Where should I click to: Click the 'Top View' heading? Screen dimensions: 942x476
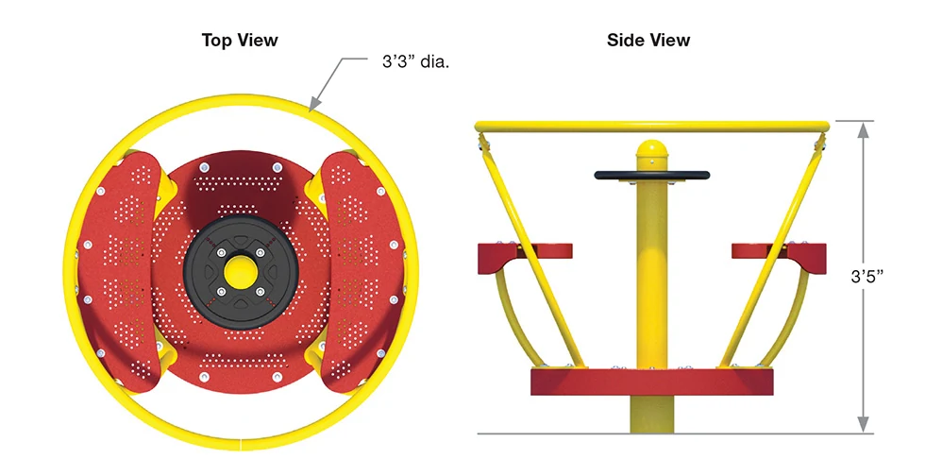click(x=240, y=41)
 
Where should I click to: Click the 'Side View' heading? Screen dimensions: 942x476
click(x=648, y=41)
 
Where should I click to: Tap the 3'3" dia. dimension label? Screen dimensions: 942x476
click(x=415, y=61)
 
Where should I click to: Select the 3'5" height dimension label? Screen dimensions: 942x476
click(x=866, y=277)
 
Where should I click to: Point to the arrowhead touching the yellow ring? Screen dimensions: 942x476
click(x=315, y=104)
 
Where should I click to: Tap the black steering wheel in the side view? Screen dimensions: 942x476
click(x=652, y=176)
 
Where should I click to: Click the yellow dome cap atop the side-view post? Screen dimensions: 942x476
click(x=652, y=149)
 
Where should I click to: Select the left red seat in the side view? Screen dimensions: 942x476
click(x=525, y=257)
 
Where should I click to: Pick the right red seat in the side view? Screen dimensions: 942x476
click(x=780, y=257)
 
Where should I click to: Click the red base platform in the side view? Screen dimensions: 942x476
click(x=652, y=382)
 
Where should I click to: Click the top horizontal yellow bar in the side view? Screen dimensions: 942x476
click(x=652, y=127)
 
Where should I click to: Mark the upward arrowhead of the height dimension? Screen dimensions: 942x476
click(x=864, y=128)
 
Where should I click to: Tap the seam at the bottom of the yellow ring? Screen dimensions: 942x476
click(x=241, y=444)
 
